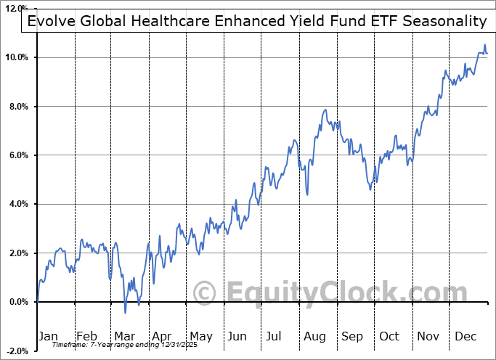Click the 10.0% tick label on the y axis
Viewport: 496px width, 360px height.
pos(17,57)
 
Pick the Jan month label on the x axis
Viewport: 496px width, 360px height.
pos(48,337)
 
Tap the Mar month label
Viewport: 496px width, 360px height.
pos(124,337)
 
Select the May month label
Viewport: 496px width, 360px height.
pos(200,337)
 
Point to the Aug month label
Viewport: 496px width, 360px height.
pos(315,337)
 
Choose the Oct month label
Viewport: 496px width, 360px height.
pos(390,337)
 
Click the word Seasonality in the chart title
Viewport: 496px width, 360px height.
pos(441,20)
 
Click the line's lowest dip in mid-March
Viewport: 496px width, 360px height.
pos(125,313)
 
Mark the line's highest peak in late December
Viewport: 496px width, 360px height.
pos(484,46)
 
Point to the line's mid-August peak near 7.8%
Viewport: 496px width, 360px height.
pos(326,110)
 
